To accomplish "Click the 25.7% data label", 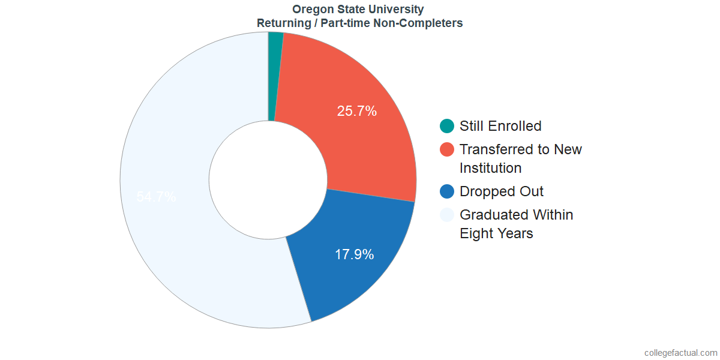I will [357, 111].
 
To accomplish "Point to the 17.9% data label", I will [354, 254].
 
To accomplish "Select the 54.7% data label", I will [156, 197].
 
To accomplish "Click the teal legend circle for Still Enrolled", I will [447, 126].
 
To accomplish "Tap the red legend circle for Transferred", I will [447, 149].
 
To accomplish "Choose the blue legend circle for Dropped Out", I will [447, 191].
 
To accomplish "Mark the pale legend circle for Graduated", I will [447, 215].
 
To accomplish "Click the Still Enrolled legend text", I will [500, 126].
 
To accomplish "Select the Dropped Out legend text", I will [502, 191].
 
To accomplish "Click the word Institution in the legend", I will [491, 168].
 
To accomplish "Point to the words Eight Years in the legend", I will [496, 233].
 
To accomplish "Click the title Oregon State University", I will [358, 9].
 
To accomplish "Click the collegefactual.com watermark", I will [680, 353].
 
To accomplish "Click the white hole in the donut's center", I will [268, 180].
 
